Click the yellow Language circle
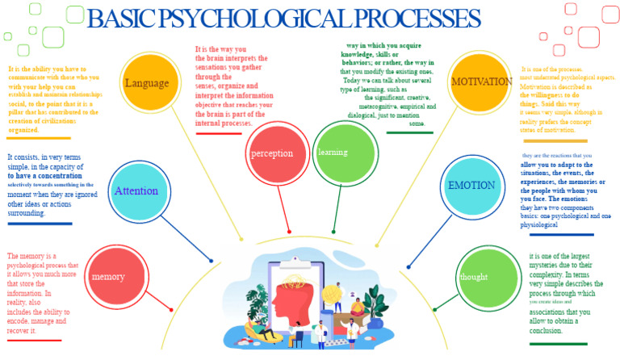pos(147,82)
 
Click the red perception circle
pos(272,153)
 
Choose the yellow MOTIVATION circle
pos(481,82)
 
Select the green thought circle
pos(484,277)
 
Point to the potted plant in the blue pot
pos(375,311)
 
